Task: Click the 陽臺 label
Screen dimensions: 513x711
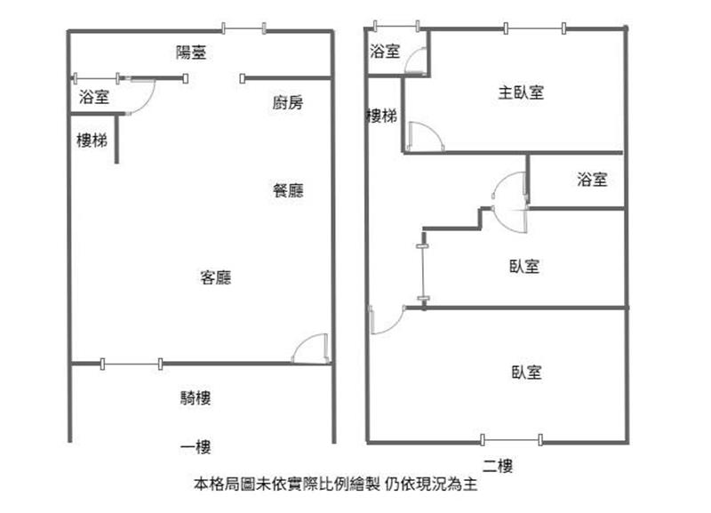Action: (191, 52)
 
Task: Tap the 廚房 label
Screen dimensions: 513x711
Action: (287, 103)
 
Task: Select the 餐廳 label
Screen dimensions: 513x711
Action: (288, 190)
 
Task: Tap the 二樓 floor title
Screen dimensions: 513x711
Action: (498, 465)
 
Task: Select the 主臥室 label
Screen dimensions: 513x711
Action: (521, 92)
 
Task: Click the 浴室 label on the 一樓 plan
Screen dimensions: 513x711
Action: (94, 98)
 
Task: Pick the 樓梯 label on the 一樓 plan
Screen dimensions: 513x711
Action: (92, 140)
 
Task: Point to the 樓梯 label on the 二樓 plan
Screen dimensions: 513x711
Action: (381, 116)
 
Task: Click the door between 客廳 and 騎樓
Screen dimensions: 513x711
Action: (314, 349)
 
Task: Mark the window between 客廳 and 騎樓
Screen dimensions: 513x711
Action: (132, 363)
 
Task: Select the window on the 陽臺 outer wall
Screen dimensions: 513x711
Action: (244, 29)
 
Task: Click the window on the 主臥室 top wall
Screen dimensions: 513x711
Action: (534, 28)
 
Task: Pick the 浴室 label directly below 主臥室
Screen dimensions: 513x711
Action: (592, 180)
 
